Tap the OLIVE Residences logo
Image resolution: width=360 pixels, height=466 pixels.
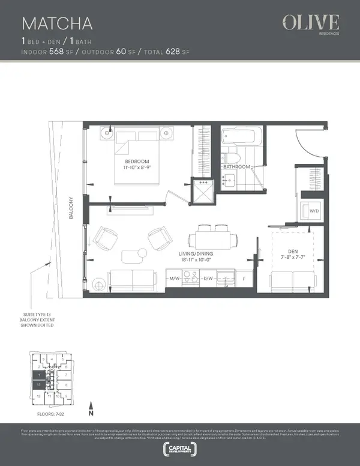point(311,25)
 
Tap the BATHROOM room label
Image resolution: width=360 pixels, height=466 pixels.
point(236,166)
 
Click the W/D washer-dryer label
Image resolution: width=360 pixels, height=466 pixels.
point(314,211)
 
